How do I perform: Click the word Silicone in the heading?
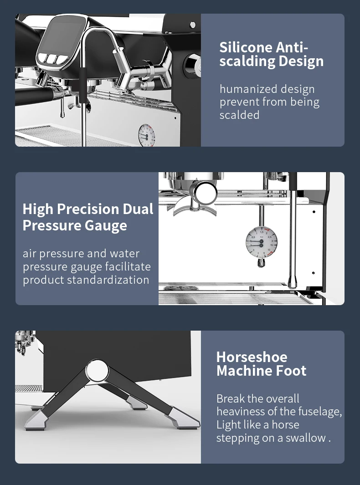[x=246, y=48]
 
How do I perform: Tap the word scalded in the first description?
[x=239, y=115]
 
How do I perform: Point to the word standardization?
[x=108, y=280]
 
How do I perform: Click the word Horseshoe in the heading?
[x=252, y=357]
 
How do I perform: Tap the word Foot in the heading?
[x=293, y=371]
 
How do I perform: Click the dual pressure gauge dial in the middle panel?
[x=261, y=242]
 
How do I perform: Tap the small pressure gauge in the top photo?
[x=146, y=135]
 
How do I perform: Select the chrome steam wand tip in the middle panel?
[x=292, y=281]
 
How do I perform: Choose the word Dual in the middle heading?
[x=138, y=209]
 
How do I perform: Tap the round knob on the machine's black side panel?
[x=192, y=66]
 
